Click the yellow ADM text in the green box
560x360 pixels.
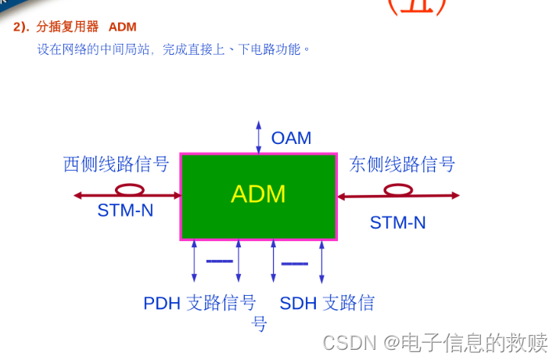pos(258,194)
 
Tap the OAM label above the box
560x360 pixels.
pos(291,139)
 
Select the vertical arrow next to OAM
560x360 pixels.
pos(259,137)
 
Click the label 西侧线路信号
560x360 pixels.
pos(116,164)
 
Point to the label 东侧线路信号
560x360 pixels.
pos(402,164)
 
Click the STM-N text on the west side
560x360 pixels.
pos(125,210)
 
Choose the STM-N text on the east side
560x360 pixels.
pos(397,222)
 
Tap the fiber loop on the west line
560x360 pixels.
pos(130,189)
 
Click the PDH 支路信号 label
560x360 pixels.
pos(199,303)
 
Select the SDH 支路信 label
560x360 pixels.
pos(327,303)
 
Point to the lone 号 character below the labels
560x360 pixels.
pos(259,323)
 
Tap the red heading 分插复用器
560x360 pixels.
pos(67,27)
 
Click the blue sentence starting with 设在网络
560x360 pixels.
pos(174,49)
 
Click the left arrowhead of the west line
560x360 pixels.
pos(77,196)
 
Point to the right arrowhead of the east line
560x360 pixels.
pos(455,196)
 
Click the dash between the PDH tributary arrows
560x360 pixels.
pos(220,261)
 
